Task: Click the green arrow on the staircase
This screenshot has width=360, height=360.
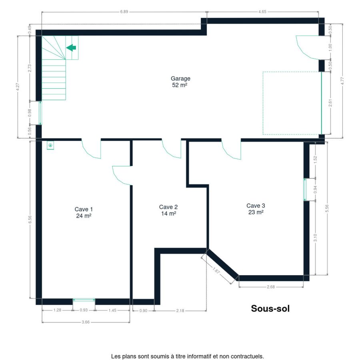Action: click(71, 48)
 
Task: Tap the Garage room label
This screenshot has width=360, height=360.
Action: click(180, 82)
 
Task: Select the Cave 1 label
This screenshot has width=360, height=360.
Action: click(84, 212)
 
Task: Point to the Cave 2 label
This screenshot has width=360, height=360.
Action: click(168, 210)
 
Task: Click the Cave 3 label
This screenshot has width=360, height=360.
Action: click(256, 209)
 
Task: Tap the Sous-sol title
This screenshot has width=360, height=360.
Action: click(270, 308)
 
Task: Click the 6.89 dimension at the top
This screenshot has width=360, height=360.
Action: click(124, 12)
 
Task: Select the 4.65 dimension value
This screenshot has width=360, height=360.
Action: click(262, 12)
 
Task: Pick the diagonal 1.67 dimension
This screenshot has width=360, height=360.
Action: click(216, 271)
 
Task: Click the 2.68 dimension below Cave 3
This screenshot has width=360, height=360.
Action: click(271, 287)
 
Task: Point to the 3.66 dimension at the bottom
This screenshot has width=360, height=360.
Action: click(86, 322)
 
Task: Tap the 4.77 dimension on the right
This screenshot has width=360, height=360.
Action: click(342, 81)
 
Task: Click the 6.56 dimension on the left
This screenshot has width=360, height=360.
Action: click(30, 220)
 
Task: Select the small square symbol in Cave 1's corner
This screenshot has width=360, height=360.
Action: click(50, 145)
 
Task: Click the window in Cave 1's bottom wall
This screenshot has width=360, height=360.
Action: click(84, 299)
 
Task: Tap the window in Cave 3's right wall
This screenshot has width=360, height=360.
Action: click(305, 190)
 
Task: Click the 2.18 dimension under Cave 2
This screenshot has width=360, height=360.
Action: click(180, 311)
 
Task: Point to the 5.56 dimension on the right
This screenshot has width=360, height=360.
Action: click(327, 208)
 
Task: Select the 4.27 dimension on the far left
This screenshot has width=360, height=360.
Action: click(18, 87)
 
